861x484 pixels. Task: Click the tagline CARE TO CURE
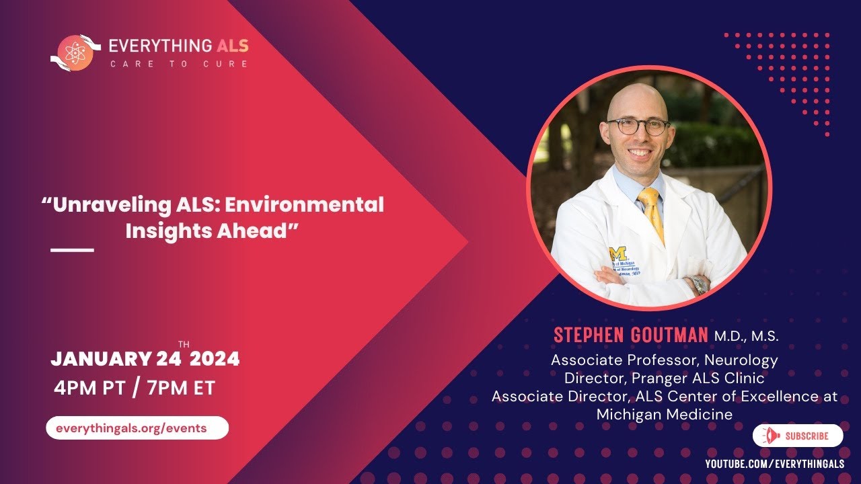click(179, 64)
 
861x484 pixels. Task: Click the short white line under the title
click(73, 250)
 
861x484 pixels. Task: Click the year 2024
click(215, 359)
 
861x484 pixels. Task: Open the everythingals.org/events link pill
click(137, 428)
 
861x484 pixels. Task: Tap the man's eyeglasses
click(638, 126)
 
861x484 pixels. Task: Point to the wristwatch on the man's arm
click(699, 284)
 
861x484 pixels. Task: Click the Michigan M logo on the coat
click(618, 254)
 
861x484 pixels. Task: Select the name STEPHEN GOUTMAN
click(631, 335)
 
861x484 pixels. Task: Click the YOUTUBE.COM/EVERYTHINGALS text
click(774, 465)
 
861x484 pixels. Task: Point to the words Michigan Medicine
click(665, 415)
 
